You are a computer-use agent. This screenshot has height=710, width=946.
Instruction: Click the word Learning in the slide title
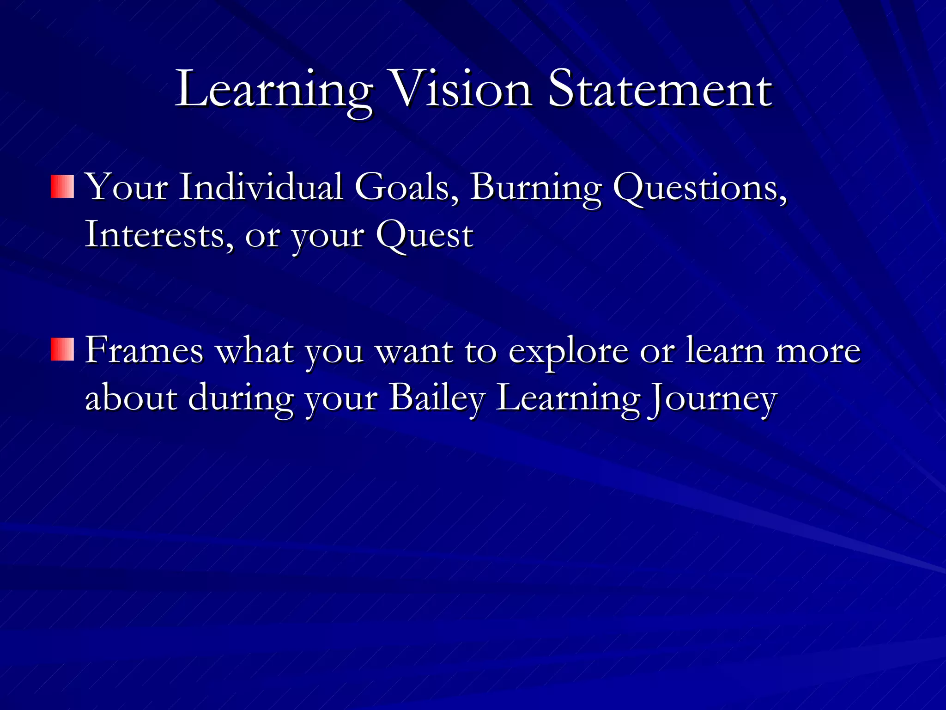click(x=273, y=90)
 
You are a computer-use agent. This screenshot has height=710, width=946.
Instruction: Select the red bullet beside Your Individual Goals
click(x=62, y=186)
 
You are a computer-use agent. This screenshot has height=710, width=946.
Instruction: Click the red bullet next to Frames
click(x=62, y=349)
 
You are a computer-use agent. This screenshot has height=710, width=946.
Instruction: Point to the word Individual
click(x=261, y=187)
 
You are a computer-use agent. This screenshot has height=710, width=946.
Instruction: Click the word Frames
click(x=144, y=350)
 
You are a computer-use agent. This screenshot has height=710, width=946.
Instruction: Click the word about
click(x=131, y=398)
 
